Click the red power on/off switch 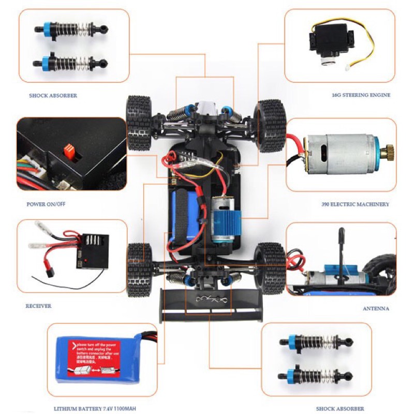tap(68, 152)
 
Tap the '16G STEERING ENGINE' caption tap(361, 95)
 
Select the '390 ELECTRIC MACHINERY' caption tap(354, 204)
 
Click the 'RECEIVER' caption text tap(39, 306)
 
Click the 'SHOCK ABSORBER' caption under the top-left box tap(53, 96)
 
